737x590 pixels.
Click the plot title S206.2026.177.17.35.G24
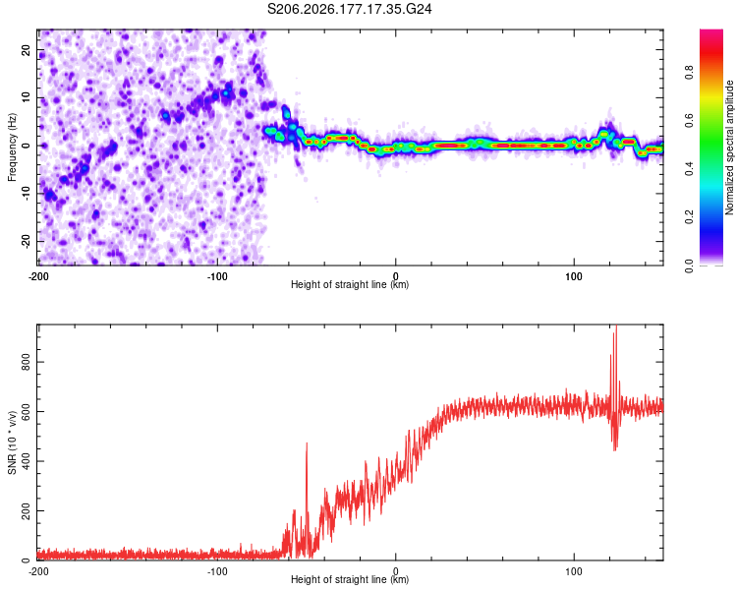[349, 9]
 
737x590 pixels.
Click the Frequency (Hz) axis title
[12, 147]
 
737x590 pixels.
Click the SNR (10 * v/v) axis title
[12, 442]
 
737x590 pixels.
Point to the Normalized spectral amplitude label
[729, 147]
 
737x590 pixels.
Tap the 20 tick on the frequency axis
[27, 49]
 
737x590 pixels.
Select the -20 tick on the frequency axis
[27, 241]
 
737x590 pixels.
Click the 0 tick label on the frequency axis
[27, 146]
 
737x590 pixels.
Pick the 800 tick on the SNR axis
[27, 362]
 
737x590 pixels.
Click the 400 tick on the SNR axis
[27, 461]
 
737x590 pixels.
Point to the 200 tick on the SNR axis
[27, 510]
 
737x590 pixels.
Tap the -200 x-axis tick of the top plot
[38, 276]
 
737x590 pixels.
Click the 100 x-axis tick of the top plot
[574, 276]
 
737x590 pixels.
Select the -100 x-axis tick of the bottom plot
[217, 571]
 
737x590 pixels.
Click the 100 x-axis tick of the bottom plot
[574, 571]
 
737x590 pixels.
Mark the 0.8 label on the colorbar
[689, 73]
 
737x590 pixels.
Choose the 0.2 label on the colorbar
[689, 217]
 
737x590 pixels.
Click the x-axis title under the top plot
[350, 284]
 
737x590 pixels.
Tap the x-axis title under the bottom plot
[350, 579]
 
